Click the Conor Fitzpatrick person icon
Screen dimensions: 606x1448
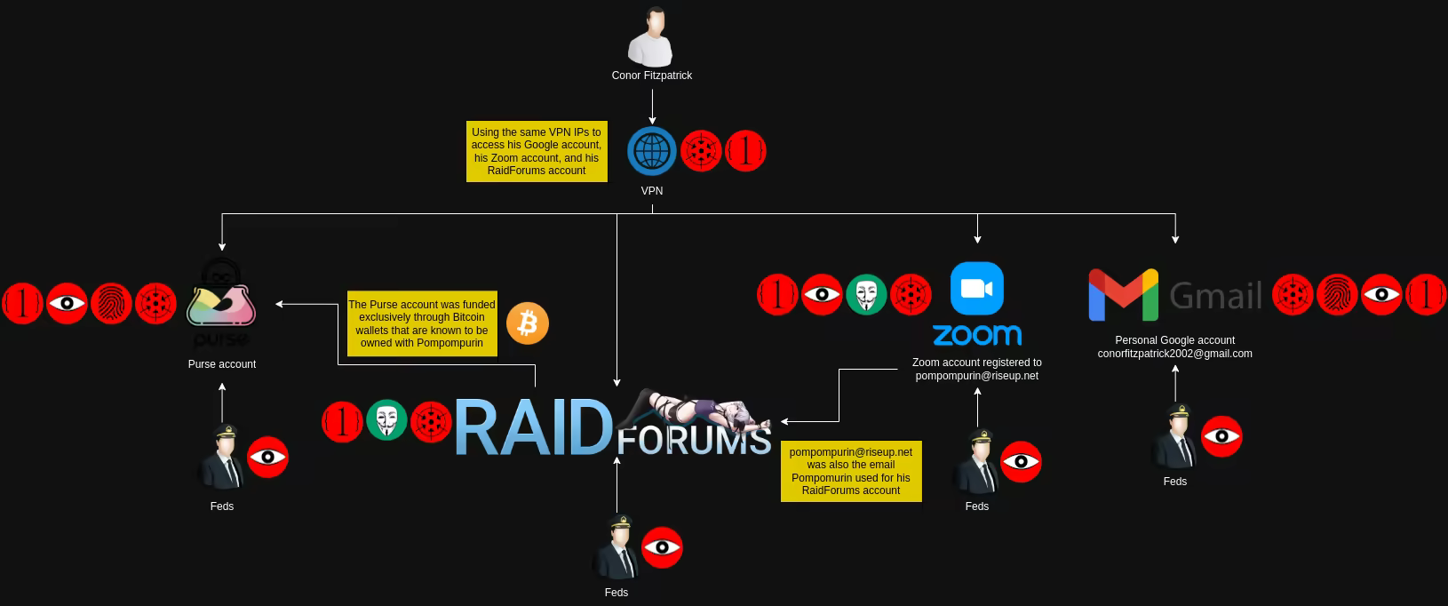[651, 37]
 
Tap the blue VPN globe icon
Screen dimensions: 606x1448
[652, 151]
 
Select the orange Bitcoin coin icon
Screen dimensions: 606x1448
[528, 323]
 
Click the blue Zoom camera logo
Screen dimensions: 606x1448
[977, 289]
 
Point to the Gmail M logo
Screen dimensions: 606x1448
[1123, 294]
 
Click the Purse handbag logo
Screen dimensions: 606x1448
[221, 299]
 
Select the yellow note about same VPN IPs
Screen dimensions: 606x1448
[537, 151]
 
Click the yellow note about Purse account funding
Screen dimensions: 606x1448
[422, 323]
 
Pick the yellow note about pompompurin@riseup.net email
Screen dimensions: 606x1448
[851, 471]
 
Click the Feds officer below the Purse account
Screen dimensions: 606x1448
[222, 457]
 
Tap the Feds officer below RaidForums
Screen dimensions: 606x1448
[617, 546]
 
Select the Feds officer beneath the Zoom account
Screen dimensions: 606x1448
[976, 462]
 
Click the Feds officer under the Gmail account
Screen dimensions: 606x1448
[1174, 437]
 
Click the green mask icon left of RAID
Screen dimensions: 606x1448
[387, 420]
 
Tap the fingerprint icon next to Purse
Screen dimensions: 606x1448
[111, 304]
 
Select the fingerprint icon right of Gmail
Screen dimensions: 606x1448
[1337, 294]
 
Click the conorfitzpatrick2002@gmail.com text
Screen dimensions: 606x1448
[1174, 354]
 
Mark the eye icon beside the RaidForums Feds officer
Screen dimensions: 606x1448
[662, 547]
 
